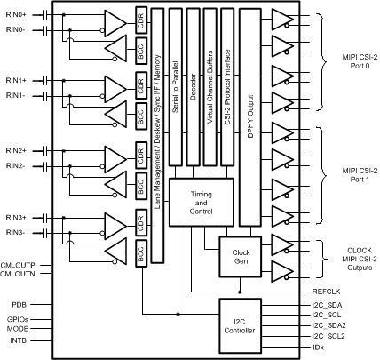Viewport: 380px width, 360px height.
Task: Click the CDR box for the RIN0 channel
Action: click(x=139, y=20)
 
